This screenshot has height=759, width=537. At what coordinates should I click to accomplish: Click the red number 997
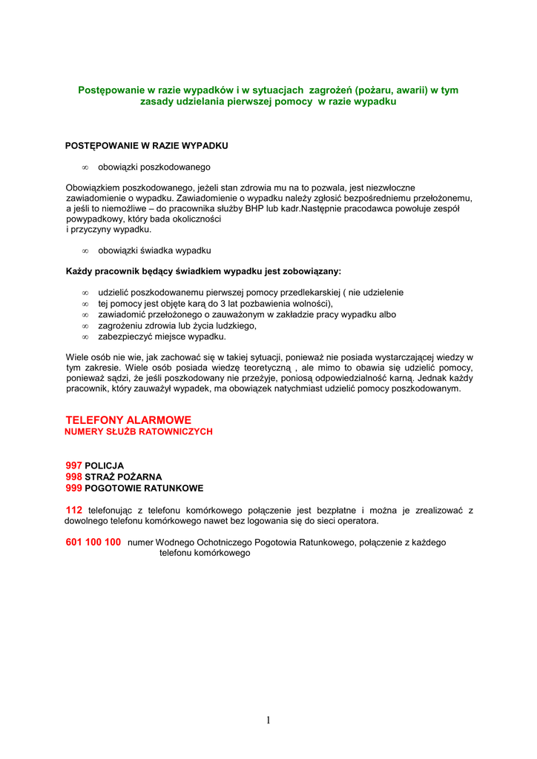[73, 465]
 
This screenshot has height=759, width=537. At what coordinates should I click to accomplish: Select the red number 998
[73, 477]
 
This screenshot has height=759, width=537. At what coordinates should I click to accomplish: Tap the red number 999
[73, 488]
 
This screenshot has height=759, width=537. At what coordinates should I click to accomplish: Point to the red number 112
[73, 510]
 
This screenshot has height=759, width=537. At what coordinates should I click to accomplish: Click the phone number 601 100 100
[93, 543]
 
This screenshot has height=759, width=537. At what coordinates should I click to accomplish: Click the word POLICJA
[105, 466]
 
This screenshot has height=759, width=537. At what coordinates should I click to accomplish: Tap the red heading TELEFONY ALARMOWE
[128, 420]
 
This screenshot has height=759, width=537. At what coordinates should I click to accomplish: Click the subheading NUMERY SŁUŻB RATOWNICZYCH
[139, 431]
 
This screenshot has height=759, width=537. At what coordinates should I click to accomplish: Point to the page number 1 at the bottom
[268, 720]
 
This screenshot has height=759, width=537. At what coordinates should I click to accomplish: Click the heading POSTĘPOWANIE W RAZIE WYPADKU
[146, 145]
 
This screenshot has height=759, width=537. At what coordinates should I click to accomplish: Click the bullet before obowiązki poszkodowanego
[85, 168]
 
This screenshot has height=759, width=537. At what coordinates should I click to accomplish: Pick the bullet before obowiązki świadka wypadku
[85, 251]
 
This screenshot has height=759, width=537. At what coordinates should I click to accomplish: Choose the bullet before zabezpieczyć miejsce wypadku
[85, 337]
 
